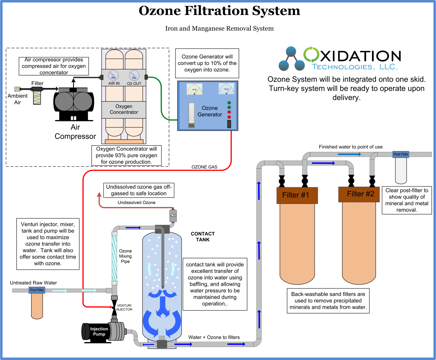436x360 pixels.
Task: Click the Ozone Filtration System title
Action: point(219,11)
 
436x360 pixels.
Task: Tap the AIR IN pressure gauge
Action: point(113,76)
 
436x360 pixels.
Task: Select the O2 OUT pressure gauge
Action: point(134,76)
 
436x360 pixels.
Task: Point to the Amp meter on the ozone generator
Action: point(194,89)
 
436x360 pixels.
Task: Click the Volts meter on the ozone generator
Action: point(227,89)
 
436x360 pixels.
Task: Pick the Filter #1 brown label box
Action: point(297,195)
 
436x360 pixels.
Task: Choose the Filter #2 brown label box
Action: point(359,194)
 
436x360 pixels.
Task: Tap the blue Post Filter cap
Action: point(401,154)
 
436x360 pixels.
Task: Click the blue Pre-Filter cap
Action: point(37,290)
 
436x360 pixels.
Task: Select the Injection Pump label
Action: point(99,331)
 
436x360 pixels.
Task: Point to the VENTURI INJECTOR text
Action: point(124,307)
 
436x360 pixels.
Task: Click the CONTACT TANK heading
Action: point(202,237)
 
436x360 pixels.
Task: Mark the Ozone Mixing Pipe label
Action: point(125,256)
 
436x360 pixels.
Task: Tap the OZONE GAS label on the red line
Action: point(204,167)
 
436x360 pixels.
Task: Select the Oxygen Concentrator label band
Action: point(124,109)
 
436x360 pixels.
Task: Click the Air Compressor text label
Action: point(75,132)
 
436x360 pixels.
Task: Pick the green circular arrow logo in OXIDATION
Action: point(311,54)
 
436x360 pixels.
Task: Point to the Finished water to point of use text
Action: point(351,147)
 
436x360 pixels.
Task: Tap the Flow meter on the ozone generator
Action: point(191,115)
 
